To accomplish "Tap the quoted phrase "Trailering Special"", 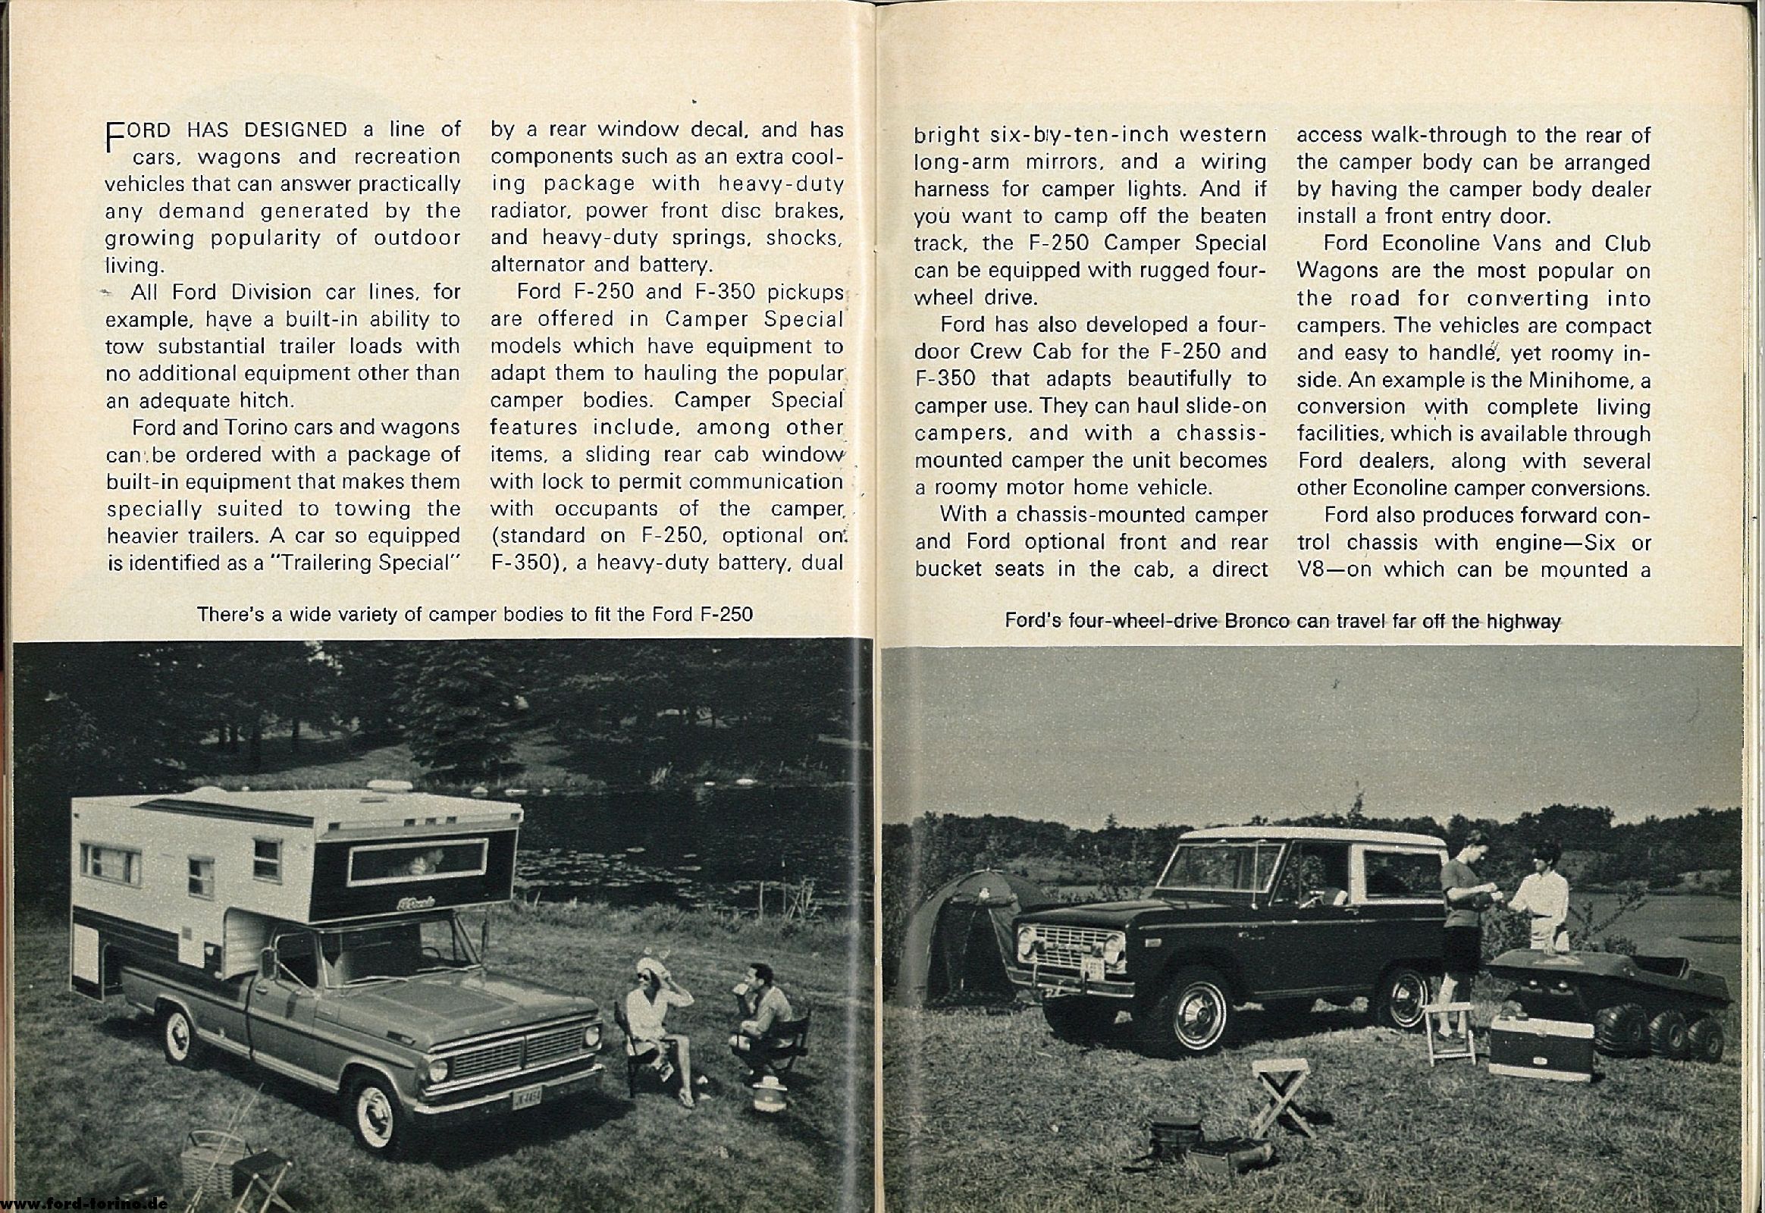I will pyautogui.click(x=365, y=563).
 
